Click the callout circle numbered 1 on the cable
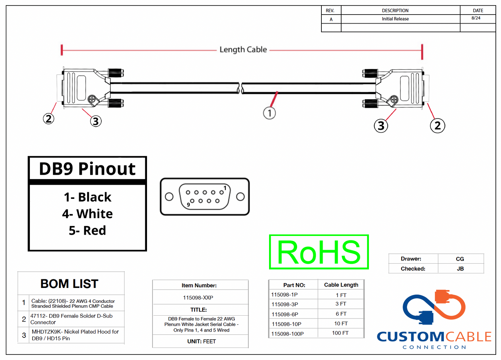pos(269,113)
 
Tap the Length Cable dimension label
pos(243,50)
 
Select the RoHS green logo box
pos(319,252)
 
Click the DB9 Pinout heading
pos(87,169)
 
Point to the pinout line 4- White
pos(87,214)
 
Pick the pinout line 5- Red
pos(87,230)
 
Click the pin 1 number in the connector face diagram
pos(225,188)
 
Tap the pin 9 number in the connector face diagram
pos(188,205)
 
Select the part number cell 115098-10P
pos(286,324)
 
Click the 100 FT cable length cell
pos(340,333)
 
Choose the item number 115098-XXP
pos(198,298)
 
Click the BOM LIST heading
pos(69,284)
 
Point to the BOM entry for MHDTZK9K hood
pos(75,335)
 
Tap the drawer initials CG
pos(460,259)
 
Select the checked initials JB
pos(460,269)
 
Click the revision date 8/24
pos(476,18)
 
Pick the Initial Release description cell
pos(395,19)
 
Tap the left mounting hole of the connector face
pos(169,197)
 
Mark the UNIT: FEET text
pos(201,341)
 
